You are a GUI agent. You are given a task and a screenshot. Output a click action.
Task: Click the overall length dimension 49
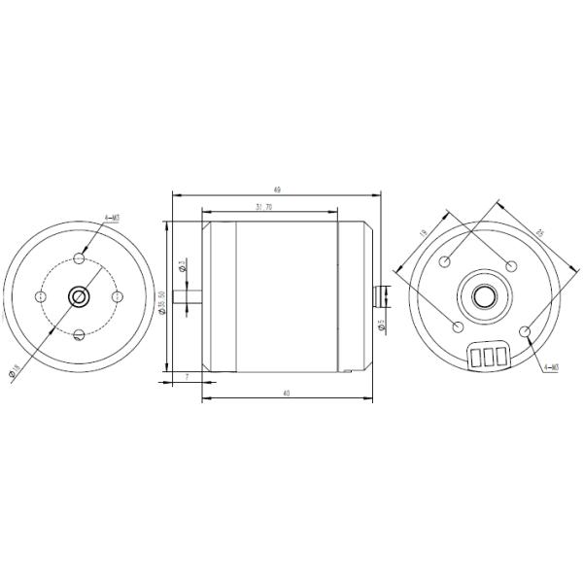[x=277, y=190]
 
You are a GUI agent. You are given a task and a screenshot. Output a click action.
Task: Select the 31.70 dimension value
[x=262, y=206]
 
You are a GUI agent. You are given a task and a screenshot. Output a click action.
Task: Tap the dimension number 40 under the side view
[x=286, y=393]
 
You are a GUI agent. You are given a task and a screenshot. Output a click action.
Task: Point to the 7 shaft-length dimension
[x=186, y=375]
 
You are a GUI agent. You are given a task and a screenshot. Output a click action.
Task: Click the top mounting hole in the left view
[x=79, y=259]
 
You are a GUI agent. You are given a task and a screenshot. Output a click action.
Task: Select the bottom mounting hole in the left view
[x=79, y=335]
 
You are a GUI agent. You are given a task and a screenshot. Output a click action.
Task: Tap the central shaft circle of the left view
[x=79, y=296]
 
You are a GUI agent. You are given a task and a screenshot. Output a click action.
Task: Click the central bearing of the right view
[x=479, y=293]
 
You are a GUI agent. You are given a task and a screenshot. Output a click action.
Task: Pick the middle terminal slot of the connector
[x=488, y=358]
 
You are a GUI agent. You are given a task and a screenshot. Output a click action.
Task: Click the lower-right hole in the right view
[x=526, y=333]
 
